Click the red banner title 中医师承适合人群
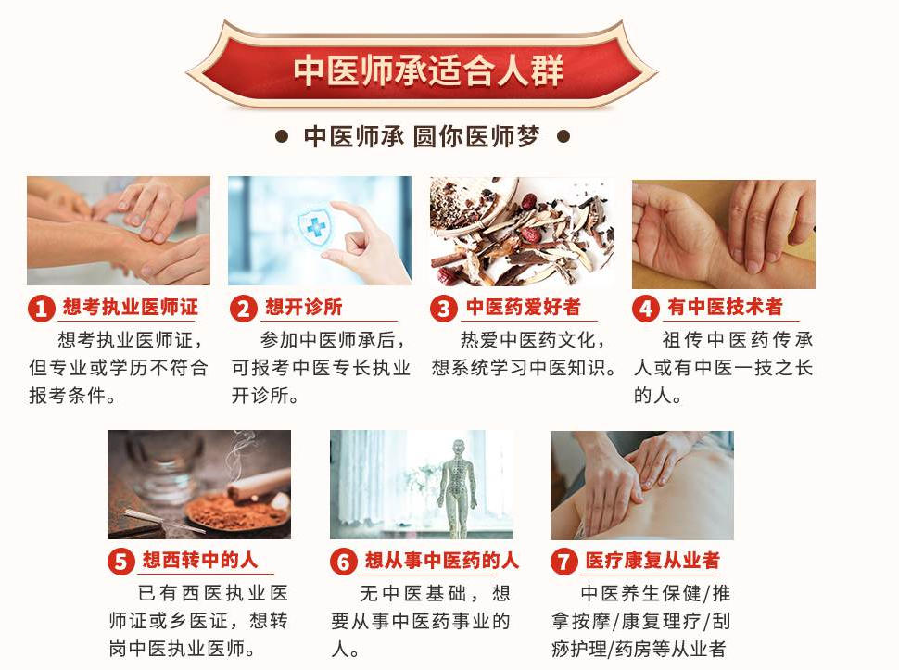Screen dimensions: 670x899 click(428, 71)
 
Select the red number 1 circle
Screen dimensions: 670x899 click(41, 309)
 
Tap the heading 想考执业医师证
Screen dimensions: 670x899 click(130, 308)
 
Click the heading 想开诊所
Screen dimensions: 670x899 click(304, 308)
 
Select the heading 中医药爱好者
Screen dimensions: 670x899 click(523, 308)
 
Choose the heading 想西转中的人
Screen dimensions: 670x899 click(200, 562)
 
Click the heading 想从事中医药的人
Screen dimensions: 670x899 click(441, 562)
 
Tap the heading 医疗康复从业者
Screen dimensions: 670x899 click(652, 562)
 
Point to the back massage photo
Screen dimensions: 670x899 click(641, 485)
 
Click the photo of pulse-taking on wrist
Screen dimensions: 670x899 click(723, 234)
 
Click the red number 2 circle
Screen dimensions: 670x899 click(243, 309)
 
